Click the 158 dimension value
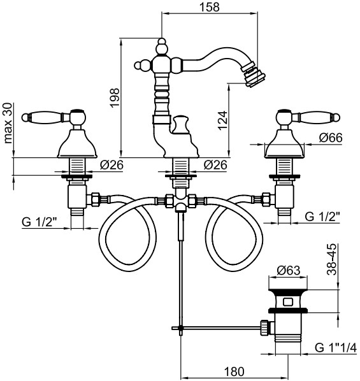[209, 7]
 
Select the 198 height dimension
[115, 97]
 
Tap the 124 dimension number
[222, 120]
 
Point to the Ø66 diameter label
[331, 138]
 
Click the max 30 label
[8, 123]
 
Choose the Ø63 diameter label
[289, 270]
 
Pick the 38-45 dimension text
[332, 259]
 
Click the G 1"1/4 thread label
[336, 347]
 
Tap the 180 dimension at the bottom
[234, 371]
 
